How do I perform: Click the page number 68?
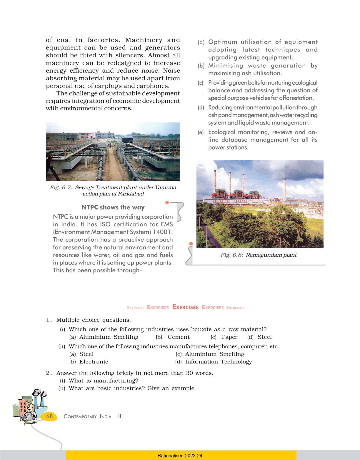point(49,416)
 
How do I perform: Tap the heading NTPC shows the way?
point(113,207)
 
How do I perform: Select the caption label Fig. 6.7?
point(61,187)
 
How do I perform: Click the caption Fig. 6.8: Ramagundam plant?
point(259,255)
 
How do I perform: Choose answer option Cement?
point(179,337)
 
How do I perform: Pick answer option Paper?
point(229,337)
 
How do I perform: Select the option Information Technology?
point(218,362)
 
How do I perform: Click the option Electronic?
point(94,362)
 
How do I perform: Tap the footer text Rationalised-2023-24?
point(180,456)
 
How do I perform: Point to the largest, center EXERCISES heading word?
point(185,307)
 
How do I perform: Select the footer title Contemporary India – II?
point(92,416)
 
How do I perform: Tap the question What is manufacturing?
point(103,381)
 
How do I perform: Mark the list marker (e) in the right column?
point(201,132)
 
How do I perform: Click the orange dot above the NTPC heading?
point(167,202)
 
